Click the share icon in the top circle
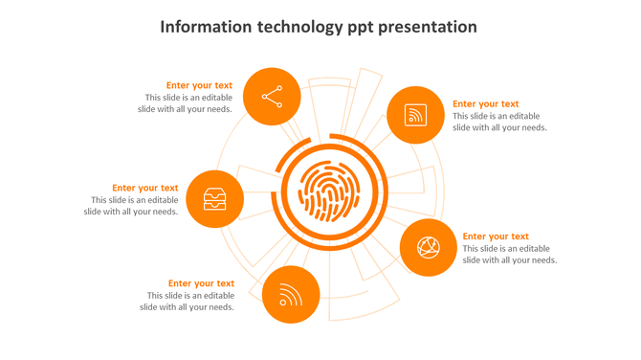(272, 97)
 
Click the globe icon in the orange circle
(428, 248)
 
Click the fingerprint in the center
(329, 191)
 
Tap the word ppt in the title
(360, 28)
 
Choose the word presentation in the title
(429, 27)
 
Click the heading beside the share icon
(199, 85)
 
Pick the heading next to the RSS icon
(486, 104)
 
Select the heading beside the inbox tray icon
(144, 189)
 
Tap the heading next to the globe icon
(496, 236)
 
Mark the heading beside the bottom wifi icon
(201, 283)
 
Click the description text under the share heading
(188, 103)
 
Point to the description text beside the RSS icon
(499, 122)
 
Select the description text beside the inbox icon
(133, 206)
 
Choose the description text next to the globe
(509, 254)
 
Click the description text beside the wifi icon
(188, 302)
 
